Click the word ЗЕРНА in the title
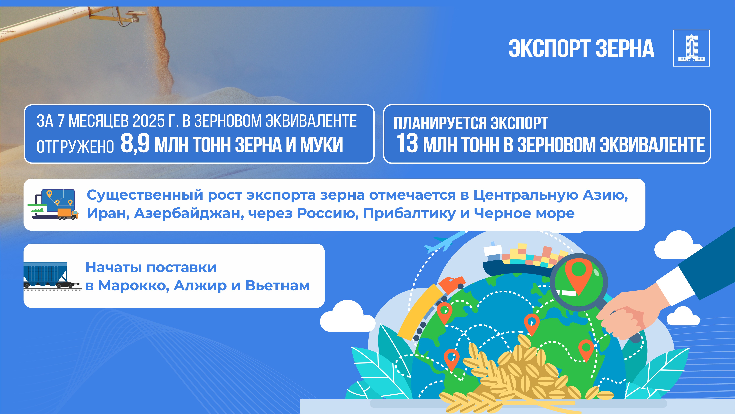coord(625,49)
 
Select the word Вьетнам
coord(278,285)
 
